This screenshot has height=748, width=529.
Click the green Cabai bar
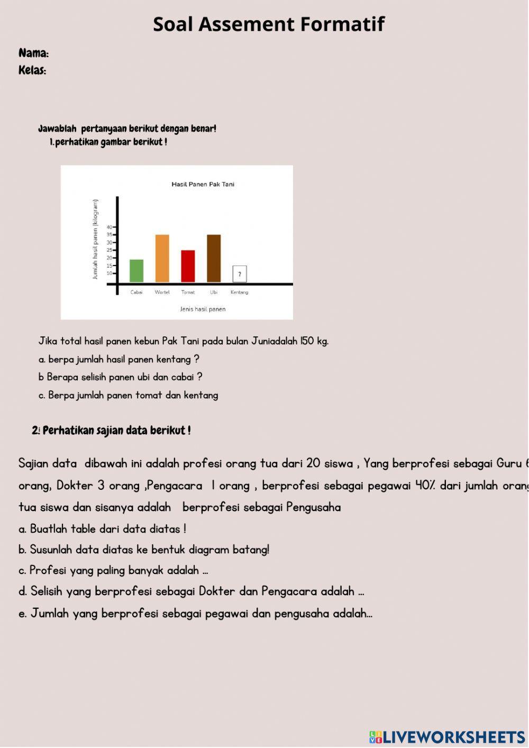coord(136,270)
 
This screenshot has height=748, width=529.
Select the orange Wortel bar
coord(162,258)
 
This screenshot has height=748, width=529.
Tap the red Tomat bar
coord(188,266)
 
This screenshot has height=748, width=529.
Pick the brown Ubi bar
coord(214,258)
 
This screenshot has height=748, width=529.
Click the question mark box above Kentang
coord(240,274)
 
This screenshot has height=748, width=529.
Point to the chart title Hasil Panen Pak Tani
coord(203,185)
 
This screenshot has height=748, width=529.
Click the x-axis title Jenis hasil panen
coord(203,309)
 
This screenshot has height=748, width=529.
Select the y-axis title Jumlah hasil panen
coord(95,239)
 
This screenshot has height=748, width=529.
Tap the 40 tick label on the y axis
coord(110,227)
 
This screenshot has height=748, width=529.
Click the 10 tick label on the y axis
coord(110,273)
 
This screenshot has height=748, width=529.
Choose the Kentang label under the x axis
coord(239,293)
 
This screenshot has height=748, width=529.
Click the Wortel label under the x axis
coord(162,293)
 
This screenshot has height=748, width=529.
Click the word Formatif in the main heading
coord(342,24)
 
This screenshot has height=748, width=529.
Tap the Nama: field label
coord(34,53)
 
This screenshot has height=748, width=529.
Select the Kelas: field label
coord(32,70)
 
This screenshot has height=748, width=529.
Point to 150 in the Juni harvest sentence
coord(307,341)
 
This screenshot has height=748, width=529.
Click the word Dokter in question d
coord(217,591)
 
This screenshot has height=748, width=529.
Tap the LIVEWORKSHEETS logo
coord(447,737)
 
